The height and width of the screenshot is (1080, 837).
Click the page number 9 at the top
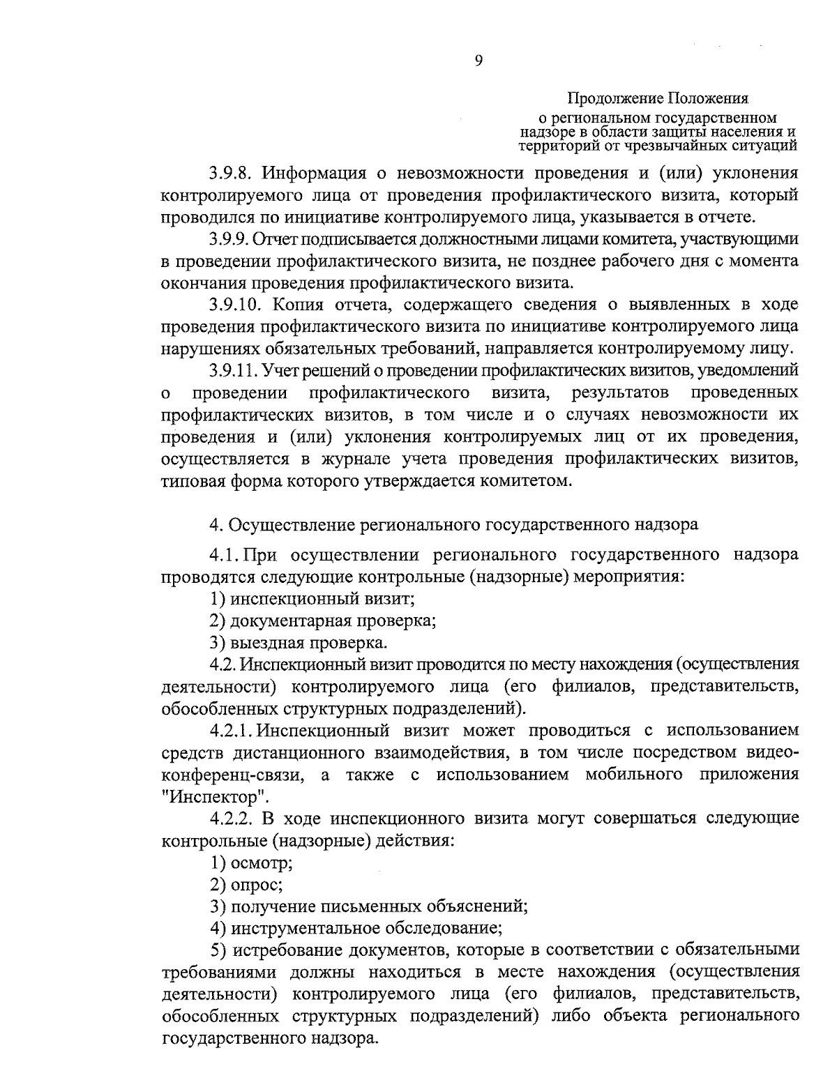(478, 61)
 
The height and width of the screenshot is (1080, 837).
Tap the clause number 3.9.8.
(232, 172)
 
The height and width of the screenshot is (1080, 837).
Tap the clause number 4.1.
(224, 555)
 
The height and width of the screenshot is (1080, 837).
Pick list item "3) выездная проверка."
(299, 641)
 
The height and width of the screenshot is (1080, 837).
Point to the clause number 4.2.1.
(232, 731)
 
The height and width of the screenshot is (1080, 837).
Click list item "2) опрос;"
(246, 884)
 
